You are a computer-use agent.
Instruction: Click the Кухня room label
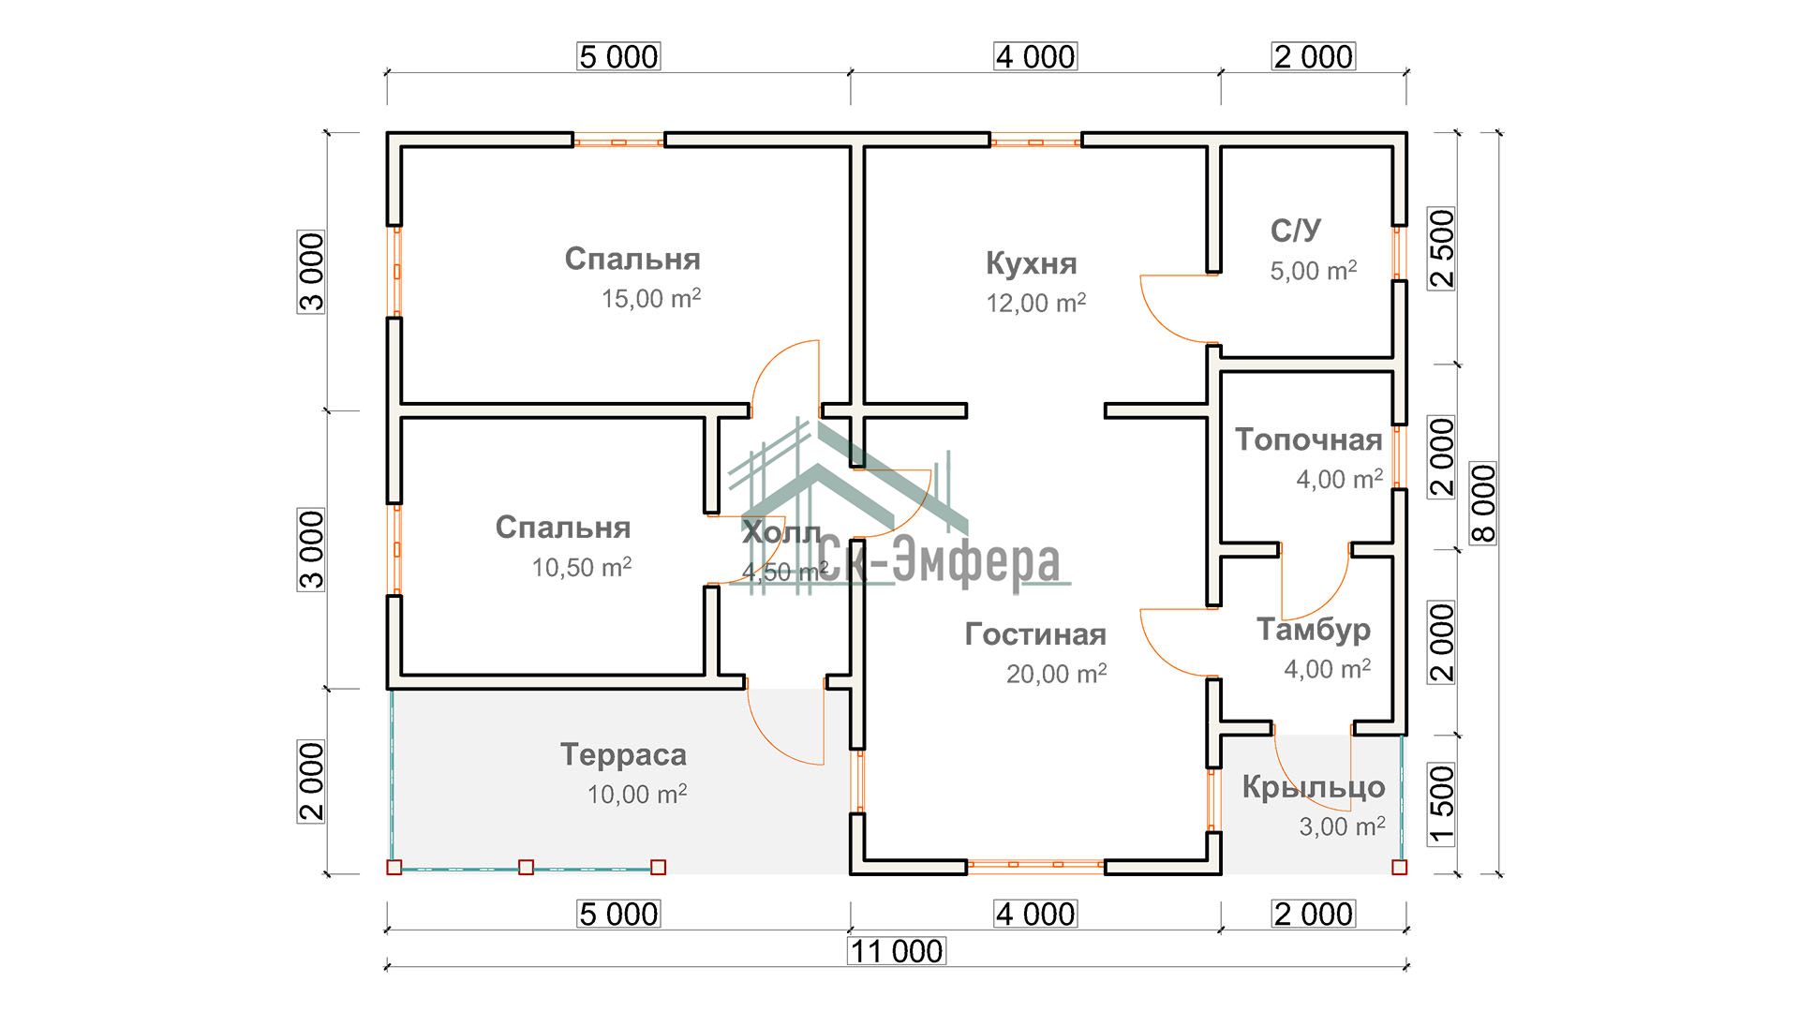[1031, 263]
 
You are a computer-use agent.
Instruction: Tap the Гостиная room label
[1035, 634]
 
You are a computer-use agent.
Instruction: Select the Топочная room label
[1308, 439]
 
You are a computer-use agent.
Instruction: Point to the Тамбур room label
[1313, 630]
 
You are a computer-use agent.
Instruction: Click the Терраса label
[623, 754]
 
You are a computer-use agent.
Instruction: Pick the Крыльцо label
[1313, 787]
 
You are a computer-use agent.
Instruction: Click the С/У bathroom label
[1296, 231]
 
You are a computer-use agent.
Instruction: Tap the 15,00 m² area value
[651, 299]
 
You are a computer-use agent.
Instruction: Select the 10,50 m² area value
[582, 567]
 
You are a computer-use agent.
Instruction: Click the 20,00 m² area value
[1057, 674]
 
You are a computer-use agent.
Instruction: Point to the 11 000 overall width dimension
[897, 951]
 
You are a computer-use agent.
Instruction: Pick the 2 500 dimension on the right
[1442, 248]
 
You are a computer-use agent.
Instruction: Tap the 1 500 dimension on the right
[1442, 805]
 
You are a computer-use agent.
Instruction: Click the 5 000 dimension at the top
[618, 56]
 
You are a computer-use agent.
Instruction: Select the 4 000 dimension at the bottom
[1035, 914]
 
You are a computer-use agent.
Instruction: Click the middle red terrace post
[527, 868]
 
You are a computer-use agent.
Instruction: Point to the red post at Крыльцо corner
[1399, 868]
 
